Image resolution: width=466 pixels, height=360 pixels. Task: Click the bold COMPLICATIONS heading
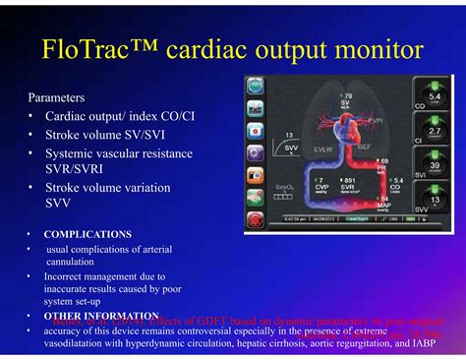(x=87, y=234)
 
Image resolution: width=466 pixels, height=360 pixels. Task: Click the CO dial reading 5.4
(x=434, y=96)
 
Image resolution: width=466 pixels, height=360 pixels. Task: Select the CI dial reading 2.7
(x=434, y=131)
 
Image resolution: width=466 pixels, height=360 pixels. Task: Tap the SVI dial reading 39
(x=434, y=166)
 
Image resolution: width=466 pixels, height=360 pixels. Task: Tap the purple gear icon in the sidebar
(x=255, y=152)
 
